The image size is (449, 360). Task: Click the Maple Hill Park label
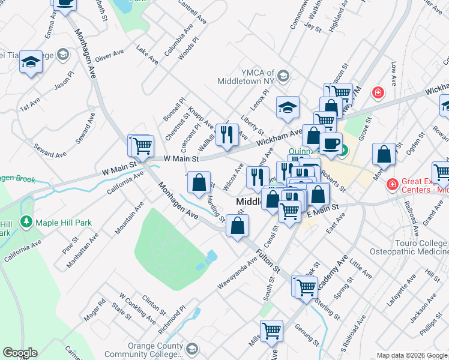pyautogui.click(x=64, y=223)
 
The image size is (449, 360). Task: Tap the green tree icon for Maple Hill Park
pyautogui.click(x=26, y=223)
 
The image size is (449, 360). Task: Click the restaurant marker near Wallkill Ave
pyautogui.click(x=227, y=134)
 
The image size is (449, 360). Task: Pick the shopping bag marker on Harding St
pyautogui.click(x=199, y=182)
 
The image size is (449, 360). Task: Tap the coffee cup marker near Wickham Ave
pyautogui.click(x=331, y=143)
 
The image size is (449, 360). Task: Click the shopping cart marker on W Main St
pyautogui.click(x=143, y=145)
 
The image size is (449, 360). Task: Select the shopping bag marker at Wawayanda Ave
pyautogui.click(x=238, y=226)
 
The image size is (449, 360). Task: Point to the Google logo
pyautogui.click(x=20, y=353)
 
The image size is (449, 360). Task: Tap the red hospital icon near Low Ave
pyautogui.click(x=378, y=92)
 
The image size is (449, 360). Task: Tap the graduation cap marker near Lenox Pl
pyautogui.click(x=288, y=107)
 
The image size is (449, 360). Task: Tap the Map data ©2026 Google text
pyautogui.click(x=411, y=355)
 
